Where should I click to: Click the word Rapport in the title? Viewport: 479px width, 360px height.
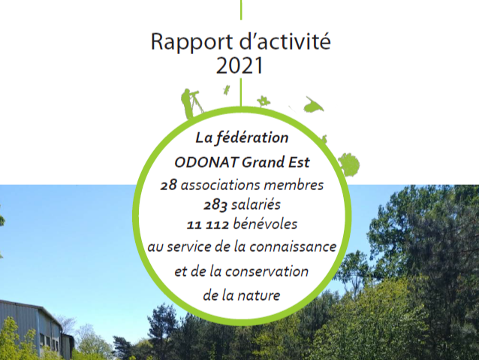(192, 42)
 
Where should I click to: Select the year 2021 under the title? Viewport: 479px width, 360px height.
(239, 65)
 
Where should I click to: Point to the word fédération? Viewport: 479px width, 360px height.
(252, 138)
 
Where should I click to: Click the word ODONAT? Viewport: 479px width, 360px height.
(206, 162)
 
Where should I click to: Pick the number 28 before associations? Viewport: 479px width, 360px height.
(169, 185)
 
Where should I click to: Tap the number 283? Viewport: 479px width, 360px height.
(215, 204)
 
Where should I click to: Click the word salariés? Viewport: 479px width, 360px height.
(256, 204)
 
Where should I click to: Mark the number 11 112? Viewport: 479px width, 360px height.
(208, 225)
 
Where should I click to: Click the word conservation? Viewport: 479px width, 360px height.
(267, 271)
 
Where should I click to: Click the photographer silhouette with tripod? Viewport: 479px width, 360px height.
(191, 104)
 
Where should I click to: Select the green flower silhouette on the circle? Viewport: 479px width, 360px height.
(263, 101)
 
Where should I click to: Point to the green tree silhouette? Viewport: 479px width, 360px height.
(349, 165)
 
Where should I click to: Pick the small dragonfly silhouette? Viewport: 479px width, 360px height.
(227, 90)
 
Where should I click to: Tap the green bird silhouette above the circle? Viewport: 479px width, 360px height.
(313, 104)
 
